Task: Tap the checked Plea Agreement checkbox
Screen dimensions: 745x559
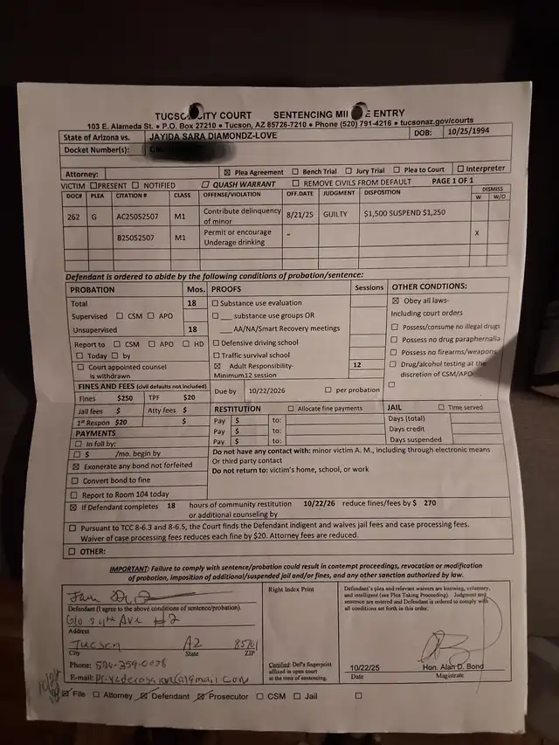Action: (228, 173)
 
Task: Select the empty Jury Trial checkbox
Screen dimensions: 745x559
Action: (349, 171)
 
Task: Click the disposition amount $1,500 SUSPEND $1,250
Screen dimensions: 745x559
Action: (404, 213)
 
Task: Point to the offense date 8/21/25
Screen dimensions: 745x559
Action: (299, 214)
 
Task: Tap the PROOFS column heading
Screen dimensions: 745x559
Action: (227, 288)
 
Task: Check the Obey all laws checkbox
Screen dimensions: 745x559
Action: (395, 300)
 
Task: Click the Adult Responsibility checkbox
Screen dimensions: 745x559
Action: (217, 367)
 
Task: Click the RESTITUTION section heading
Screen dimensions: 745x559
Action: (238, 409)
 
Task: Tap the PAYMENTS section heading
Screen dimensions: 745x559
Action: (96, 433)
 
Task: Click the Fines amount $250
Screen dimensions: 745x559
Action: (126, 397)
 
